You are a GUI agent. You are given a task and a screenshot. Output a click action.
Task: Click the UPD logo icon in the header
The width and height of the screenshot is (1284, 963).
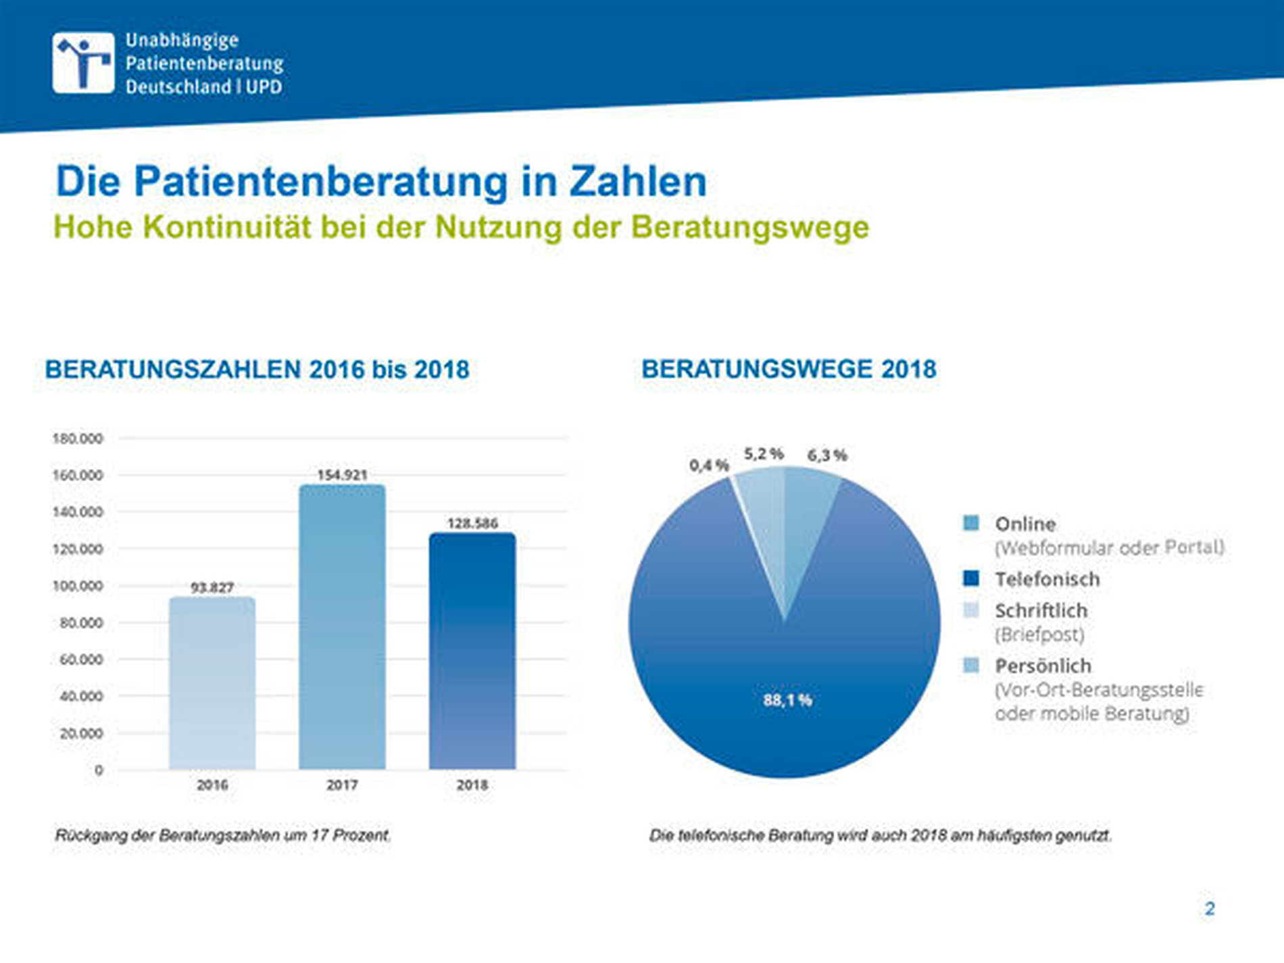click(x=83, y=62)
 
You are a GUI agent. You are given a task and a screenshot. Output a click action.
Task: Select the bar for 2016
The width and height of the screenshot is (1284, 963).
click(x=212, y=683)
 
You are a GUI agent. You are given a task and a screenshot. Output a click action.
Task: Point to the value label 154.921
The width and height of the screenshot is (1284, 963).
click(x=342, y=475)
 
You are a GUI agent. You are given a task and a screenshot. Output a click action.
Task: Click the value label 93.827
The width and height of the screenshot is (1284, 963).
click(x=212, y=587)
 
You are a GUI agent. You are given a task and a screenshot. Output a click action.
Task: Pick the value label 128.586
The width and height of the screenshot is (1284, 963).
click(x=472, y=523)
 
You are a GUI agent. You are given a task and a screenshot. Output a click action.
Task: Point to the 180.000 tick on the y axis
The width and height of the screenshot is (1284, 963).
click(x=78, y=439)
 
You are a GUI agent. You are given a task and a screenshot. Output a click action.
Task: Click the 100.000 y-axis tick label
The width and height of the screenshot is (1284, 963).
click(x=78, y=586)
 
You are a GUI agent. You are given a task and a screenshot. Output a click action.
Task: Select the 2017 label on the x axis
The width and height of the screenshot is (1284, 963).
click(x=342, y=785)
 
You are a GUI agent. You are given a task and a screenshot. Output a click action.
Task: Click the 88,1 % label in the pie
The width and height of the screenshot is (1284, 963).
click(x=787, y=700)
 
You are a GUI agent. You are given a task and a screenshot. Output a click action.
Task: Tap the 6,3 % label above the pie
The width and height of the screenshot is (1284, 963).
click(x=827, y=455)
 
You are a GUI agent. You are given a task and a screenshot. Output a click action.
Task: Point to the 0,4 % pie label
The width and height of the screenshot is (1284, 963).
click(x=709, y=466)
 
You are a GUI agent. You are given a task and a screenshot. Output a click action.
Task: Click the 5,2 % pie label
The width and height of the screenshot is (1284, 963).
click(x=764, y=454)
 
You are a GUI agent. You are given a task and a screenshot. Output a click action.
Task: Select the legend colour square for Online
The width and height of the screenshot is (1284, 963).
click(x=970, y=523)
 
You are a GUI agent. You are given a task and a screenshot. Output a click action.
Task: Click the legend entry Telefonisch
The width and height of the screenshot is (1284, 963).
click(x=1047, y=579)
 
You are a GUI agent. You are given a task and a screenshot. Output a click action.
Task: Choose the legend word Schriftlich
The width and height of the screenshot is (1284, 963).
click(x=1041, y=611)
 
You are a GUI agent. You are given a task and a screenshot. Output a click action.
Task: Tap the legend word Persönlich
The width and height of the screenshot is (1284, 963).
click(x=1043, y=666)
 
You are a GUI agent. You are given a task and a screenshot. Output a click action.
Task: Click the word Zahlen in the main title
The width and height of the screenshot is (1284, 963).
click(x=638, y=182)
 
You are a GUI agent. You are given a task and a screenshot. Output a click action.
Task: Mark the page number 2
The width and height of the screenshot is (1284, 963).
click(x=1210, y=909)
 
